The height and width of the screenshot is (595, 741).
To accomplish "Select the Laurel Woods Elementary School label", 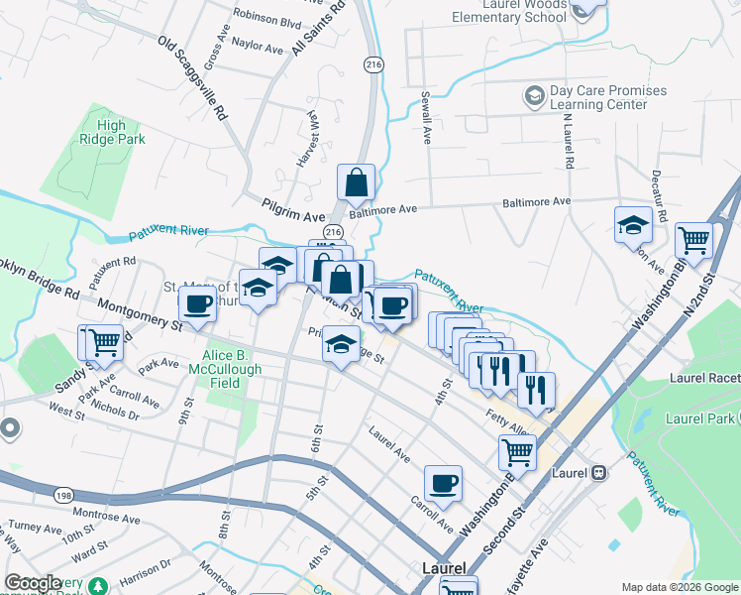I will pyautogui.click(x=509, y=11).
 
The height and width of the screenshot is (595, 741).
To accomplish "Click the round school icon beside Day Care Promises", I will pyautogui.click(x=535, y=96).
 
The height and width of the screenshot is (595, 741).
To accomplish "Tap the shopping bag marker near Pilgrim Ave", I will pyautogui.click(x=356, y=183).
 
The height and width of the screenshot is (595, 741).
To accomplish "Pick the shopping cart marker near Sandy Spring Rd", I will pyautogui.click(x=103, y=343).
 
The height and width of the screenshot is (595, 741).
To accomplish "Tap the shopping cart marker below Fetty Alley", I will pyautogui.click(x=517, y=452).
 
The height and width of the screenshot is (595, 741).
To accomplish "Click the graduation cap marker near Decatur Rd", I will pyautogui.click(x=633, y=226).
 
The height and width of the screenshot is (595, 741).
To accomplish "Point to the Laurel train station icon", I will pyautogui.click(x=598, y=473).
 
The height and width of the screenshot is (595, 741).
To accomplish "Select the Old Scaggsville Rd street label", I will pyautogui.click(x=193, y=77).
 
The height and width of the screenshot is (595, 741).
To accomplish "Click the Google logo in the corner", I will pyautogui.click(x=33, y=583).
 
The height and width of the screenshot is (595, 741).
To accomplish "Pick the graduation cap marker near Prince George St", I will pyautogui.click(x=341, y=345).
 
